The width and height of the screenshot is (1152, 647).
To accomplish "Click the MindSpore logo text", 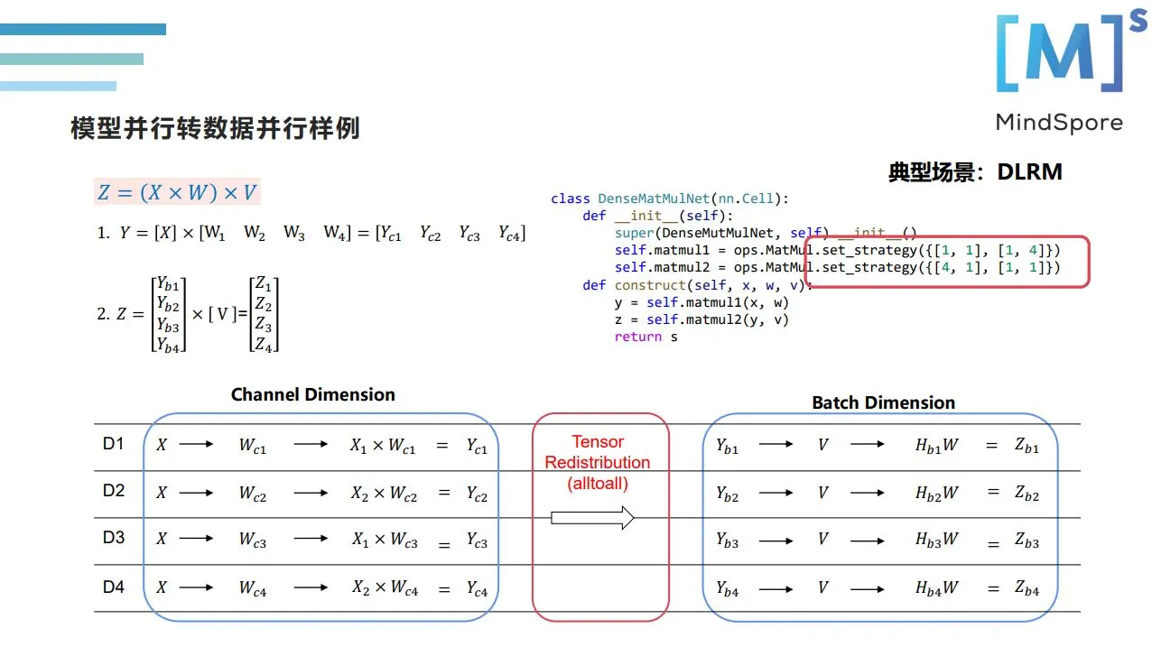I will (x=1059, y=123).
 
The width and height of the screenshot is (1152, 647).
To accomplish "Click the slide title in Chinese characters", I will (x=215, y=128).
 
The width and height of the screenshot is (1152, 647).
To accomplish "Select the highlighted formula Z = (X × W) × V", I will (x=177, y=191).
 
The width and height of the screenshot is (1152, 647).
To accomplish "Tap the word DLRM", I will (x=1029, y=172).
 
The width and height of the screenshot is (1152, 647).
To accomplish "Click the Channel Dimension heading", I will (x=312, y=394).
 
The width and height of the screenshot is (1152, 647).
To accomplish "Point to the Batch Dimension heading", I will (x=883, y=402).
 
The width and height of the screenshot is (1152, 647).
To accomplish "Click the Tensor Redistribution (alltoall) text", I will (x=598, y=462).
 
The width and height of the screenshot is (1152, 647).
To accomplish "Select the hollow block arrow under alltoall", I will (x=592, y=518).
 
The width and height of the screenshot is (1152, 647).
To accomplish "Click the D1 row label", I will (x=113, y=444).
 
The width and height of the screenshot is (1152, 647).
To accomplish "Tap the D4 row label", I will (x=113, y=587).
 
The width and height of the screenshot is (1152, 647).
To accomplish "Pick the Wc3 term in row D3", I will (x=253, y=541).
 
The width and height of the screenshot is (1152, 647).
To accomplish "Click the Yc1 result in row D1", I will (x=477, y=446).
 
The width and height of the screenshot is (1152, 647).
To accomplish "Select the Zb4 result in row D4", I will (x=1026, y=589).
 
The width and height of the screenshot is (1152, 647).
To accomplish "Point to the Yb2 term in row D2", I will (x=727, y=494).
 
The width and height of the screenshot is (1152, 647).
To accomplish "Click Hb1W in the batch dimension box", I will (x=936, y=446).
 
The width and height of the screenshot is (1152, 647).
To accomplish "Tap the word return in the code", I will (x=632, y=337).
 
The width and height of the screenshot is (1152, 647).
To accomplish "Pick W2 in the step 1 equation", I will (x=255, y=233).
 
